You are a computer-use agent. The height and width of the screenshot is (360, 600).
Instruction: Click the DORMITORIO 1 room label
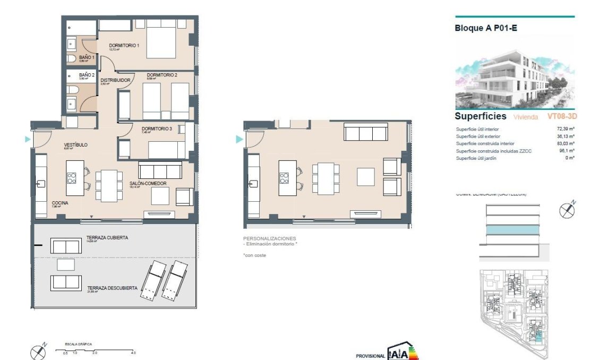click(124, 46)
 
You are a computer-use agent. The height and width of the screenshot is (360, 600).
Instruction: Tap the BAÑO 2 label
click(87, 75)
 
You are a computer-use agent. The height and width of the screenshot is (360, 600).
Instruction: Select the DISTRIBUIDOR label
click(116, 80)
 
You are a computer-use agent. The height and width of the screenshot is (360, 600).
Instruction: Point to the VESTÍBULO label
click(75, 145)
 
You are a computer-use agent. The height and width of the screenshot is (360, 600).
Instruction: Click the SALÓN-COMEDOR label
click(148, 184)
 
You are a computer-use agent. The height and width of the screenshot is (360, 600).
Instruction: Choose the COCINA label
click(59, 203)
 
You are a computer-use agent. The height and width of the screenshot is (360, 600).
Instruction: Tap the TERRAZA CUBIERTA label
click(107, 238)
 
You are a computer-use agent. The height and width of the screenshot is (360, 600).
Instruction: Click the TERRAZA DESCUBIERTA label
click(112, 288)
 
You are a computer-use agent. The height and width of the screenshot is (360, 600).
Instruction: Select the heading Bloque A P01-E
click(486, 28)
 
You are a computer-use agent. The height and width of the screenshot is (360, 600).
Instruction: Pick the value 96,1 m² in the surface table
click(566, 151)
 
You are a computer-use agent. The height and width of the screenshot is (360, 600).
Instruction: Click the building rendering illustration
click(515, 73)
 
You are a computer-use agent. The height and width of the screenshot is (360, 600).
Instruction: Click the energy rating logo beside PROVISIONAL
click(403, 353)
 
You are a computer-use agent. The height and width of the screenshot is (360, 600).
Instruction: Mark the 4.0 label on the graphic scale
click(133, 353)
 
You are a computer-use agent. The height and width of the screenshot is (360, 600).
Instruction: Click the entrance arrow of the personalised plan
click(239, 139)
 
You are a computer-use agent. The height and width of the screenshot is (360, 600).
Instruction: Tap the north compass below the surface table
click(567, 210)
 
